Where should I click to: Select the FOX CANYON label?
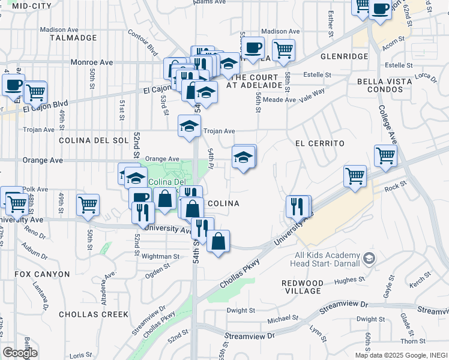click(43, 274)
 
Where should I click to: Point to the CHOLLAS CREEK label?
click(94, 314)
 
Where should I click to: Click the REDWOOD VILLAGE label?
click(303, 287)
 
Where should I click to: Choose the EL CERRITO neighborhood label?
click(319, 144)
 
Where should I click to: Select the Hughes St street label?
click(346, 280)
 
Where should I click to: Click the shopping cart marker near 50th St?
click(88, 204)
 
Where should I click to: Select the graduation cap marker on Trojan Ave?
click(188, 126)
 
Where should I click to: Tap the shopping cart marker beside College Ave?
click(385, 155)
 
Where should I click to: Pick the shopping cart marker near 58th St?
click(283, 49)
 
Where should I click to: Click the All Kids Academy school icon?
click(369, 259)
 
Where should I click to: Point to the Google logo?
click(20, 352)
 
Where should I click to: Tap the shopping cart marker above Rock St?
click(355, 176)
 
